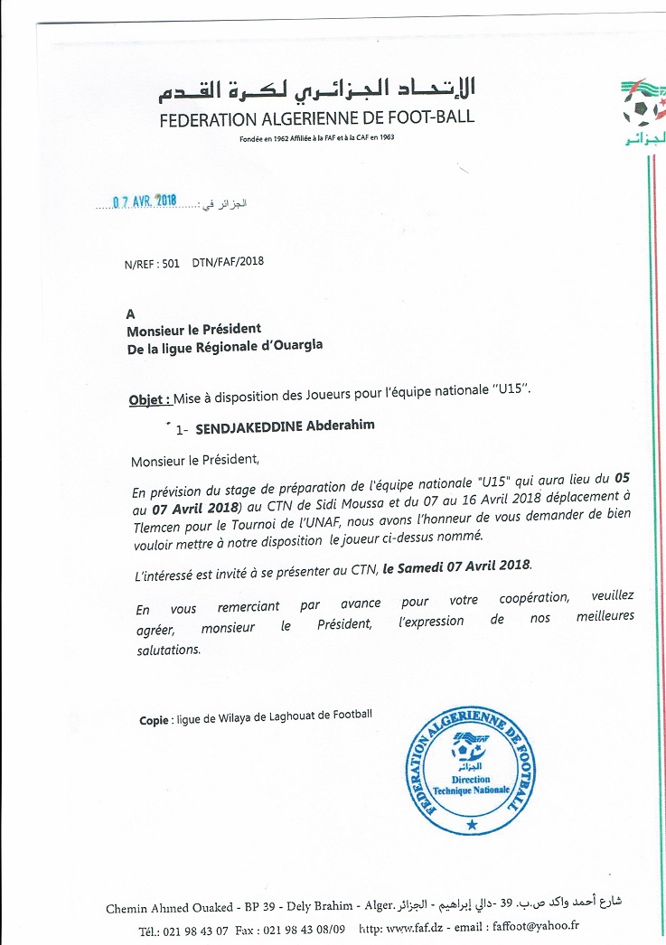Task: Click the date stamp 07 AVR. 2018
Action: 145,201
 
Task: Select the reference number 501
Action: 170,263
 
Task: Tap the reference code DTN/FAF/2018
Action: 228,263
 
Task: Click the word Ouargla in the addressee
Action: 293,345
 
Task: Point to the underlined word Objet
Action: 145,399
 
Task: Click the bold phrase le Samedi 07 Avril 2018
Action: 458,566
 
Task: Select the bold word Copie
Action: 154,720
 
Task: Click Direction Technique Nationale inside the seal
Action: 471,784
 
